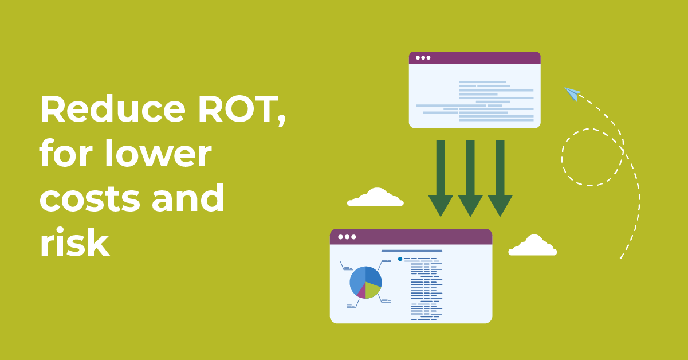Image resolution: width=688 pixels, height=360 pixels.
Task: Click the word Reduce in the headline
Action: tap(113, 109)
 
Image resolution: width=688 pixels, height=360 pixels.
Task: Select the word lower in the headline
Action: tap(158, 152)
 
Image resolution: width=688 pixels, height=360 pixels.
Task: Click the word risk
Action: tap(74, 242)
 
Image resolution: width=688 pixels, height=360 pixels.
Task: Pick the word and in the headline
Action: tap(188, 197)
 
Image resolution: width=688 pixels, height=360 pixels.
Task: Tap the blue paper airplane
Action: tap(572, 93)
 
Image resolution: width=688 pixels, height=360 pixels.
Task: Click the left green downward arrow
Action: tap(441, 178)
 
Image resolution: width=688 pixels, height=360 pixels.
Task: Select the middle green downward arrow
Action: tap(470, 178)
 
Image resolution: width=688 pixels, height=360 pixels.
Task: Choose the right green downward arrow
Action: tap(500, 178)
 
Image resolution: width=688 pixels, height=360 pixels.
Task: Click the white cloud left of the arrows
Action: tap(375, 197)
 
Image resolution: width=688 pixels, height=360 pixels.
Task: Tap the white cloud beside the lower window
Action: tap(533, 245)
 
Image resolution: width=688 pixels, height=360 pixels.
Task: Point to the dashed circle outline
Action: tap(562, 158)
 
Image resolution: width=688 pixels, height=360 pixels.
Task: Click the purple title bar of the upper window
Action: tap(474, 58)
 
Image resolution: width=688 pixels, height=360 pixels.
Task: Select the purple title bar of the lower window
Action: tap(411, 237)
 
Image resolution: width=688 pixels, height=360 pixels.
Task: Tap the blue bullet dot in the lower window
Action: tap(400, 259)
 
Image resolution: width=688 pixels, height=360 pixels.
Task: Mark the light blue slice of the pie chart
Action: tap(357, 280)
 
